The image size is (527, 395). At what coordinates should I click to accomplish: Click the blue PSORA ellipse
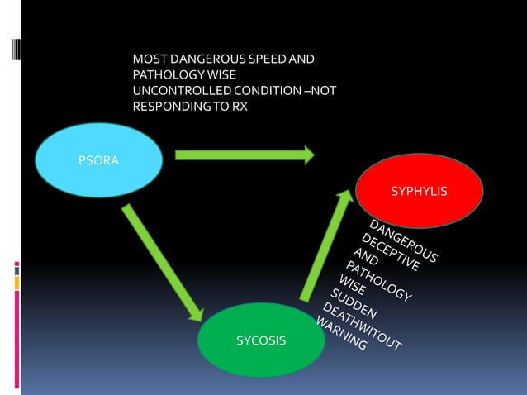[98, 161]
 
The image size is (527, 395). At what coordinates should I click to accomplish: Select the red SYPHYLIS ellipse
[419, 192]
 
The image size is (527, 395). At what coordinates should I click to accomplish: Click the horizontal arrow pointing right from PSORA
[244, 154]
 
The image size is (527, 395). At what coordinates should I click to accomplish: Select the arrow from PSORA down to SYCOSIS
[164, 262]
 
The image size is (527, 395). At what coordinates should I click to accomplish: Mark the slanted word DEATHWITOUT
[361, 326]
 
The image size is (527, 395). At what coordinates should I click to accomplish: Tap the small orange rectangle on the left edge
[17, 283]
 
